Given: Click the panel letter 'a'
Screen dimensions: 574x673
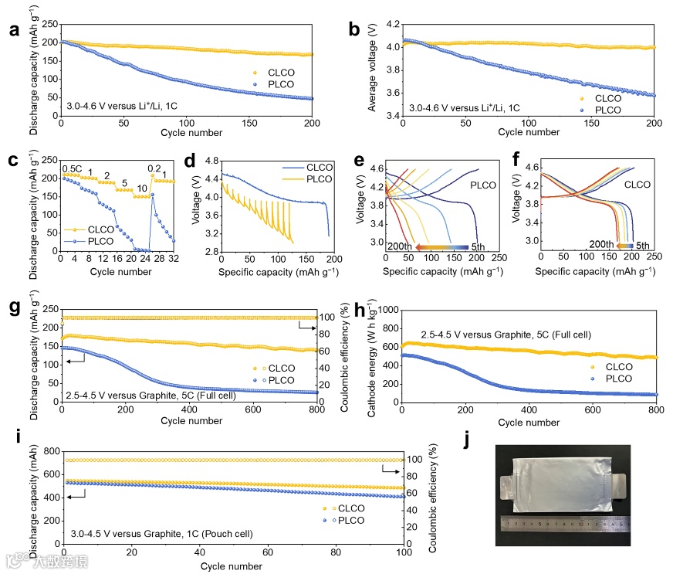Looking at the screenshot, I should point(13,31).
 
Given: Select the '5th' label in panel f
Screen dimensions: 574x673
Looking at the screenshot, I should point(635,244).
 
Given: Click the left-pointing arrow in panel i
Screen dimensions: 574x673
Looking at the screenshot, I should point(76,498).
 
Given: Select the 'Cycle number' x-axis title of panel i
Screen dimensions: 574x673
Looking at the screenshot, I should point(232,566).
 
